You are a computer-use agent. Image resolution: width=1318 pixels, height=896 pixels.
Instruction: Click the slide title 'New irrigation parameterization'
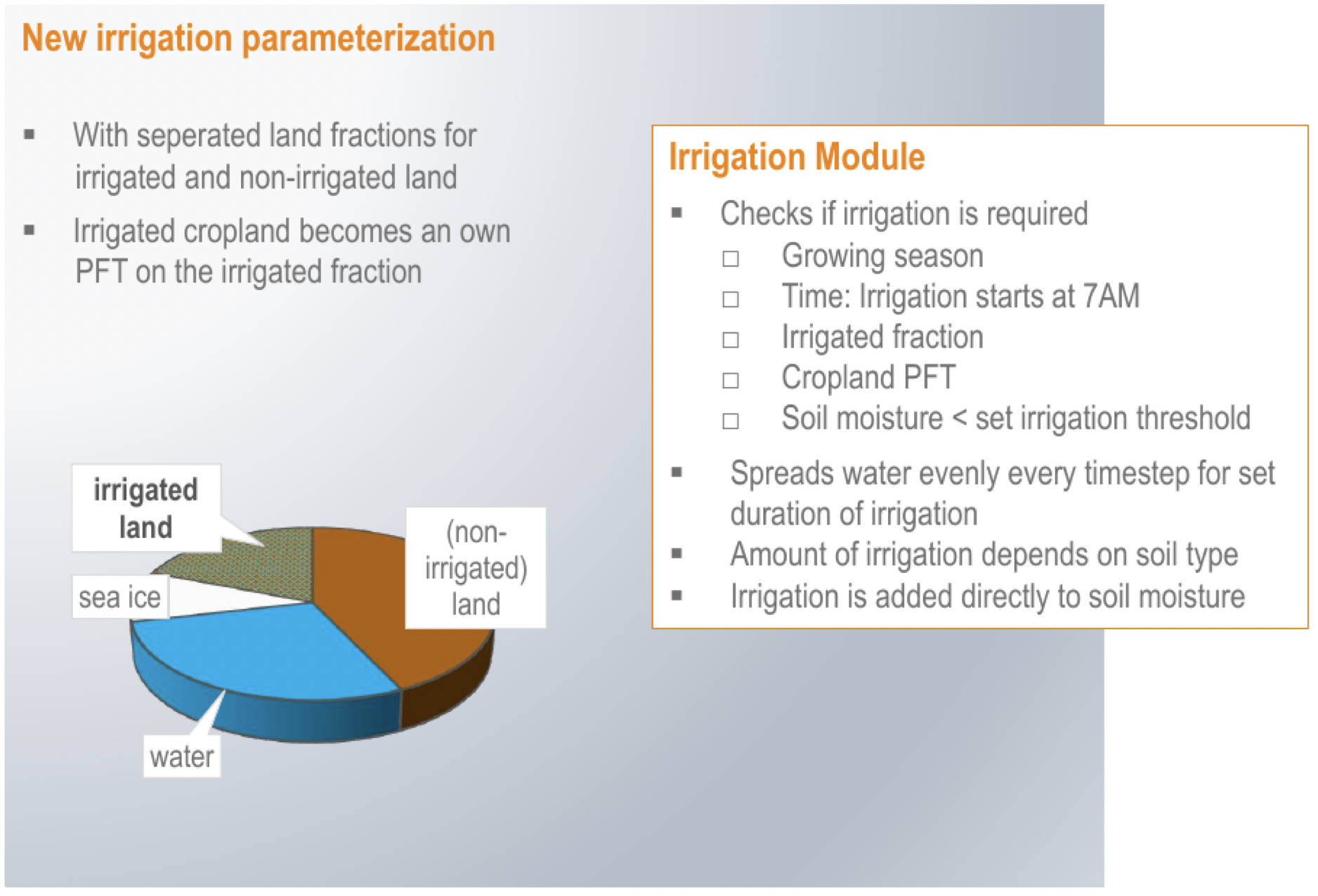coord(259,38)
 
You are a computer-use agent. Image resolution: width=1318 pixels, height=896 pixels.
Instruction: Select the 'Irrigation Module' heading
coord(797,156)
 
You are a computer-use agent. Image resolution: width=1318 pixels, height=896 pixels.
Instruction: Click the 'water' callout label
coord(182,756)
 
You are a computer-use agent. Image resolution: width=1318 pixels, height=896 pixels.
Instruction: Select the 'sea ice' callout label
coord(120,598)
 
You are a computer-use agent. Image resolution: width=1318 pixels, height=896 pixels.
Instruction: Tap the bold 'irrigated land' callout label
coord(146,508)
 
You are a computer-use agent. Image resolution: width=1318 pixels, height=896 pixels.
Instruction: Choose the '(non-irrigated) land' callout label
coord(476,567)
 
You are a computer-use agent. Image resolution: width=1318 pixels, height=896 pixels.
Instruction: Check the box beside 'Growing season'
coord(731,258)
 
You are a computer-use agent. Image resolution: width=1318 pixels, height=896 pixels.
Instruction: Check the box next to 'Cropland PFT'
coord(731,380)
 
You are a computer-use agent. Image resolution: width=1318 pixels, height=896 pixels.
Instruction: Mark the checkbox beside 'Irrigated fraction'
coord(731,340)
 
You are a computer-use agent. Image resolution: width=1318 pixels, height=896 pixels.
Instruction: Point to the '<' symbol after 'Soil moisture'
coord(959,419)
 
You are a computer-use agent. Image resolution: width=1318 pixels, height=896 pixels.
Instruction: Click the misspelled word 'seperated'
coord(199,136)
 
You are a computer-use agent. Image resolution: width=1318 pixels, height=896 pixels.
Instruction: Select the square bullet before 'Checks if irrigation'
coord(677,213)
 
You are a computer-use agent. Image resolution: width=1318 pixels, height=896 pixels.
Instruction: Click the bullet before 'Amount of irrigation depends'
coord(677,553)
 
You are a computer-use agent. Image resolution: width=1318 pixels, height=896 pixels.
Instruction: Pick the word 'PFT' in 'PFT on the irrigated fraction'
coord(101,272)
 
